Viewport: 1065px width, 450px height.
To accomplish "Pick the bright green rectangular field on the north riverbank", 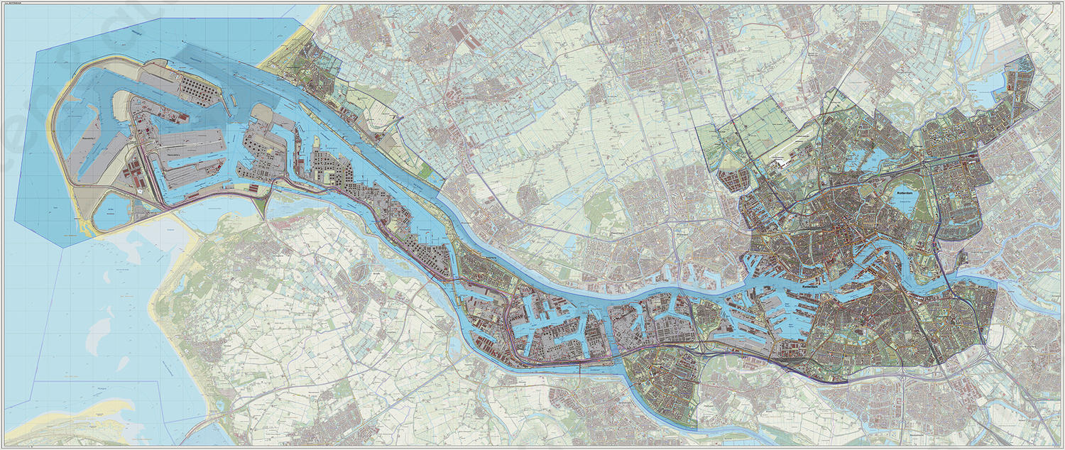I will (x=426, y=171).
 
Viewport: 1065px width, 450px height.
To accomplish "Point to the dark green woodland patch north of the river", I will (x=600, y=207).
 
